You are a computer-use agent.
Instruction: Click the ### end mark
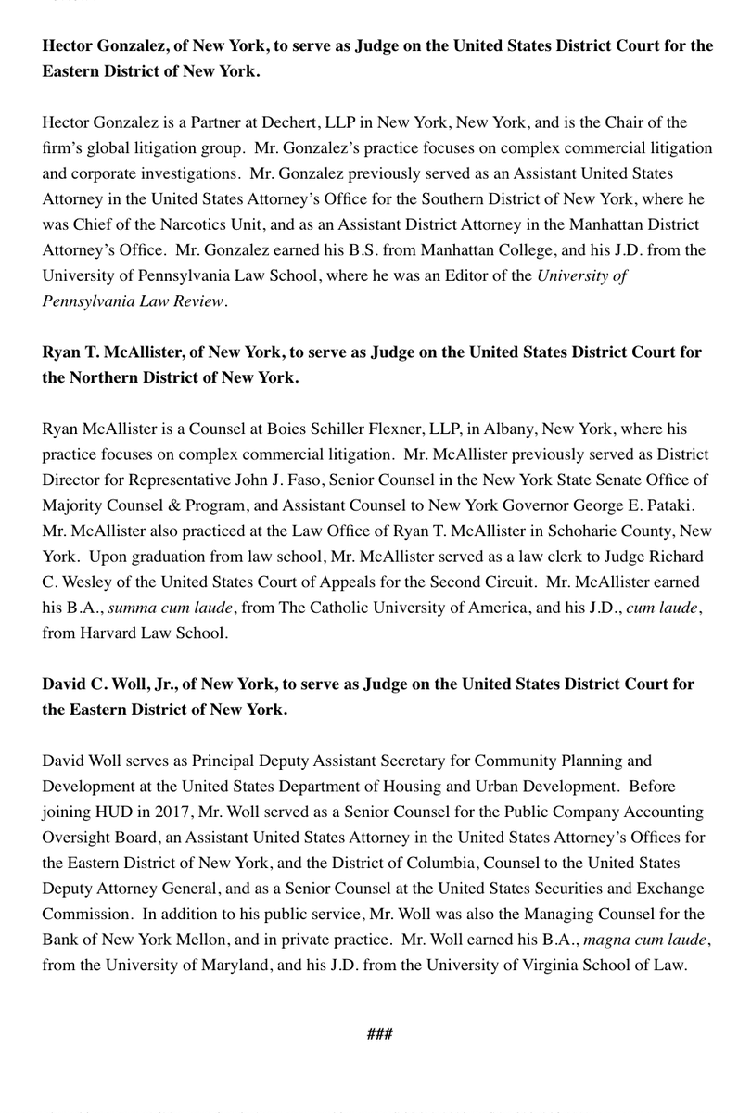(x=379, y=1033)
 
